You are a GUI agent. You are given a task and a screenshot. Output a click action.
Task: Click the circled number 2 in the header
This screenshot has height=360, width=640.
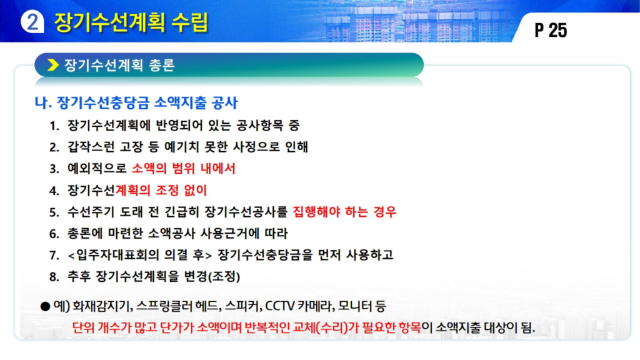coord(32,21)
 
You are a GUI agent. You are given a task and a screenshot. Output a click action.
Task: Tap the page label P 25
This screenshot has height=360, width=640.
coord(551,30)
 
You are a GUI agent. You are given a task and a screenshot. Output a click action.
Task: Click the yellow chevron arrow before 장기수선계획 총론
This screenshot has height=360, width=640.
coord(53,65)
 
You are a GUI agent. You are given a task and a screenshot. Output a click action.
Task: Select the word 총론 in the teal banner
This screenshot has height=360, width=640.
coord(162,65)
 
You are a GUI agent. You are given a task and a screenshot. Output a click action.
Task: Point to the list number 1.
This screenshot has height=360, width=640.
coord(54,126)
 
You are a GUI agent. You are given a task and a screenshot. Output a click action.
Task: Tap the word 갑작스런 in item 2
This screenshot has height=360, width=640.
coord(91,146)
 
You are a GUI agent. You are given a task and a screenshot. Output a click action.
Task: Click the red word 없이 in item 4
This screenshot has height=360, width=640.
coord(196,190)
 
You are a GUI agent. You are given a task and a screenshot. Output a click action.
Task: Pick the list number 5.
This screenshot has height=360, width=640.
coord(54,212)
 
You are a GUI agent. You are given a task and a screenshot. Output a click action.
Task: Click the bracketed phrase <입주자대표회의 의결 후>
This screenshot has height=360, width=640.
coord(139,255)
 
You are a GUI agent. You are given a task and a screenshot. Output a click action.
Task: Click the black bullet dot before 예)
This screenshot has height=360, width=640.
coord(45,306)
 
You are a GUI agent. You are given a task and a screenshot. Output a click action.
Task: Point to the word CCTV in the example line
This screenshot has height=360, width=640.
coord(279,306)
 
